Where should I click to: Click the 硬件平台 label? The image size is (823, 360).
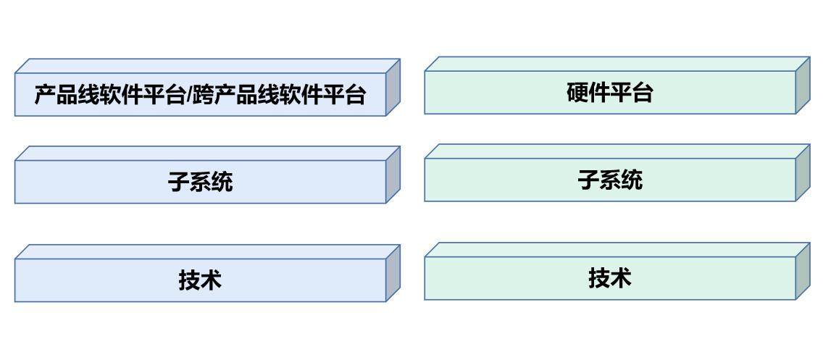coord(609,93)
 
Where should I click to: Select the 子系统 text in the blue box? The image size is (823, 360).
coord(201,181)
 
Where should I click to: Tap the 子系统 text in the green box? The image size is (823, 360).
coord(610,179)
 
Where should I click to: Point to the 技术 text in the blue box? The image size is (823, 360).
coord(200,280)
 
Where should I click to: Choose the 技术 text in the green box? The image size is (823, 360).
coord(610,277)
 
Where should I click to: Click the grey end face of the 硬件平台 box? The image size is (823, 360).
coord(802,85)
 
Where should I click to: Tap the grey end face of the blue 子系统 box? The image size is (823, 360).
coord(393,175)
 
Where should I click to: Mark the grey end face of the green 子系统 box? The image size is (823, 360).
coord(802,172)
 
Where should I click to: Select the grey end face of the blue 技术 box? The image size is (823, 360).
coord(393,273)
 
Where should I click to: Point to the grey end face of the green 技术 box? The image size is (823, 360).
coord(802,271)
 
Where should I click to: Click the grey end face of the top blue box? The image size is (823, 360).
coord(393,87)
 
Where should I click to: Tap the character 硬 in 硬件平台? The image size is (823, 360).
coord(577,93)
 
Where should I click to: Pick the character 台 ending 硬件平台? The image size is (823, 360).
coord(642,93)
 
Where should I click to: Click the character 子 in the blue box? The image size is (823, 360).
coord(179,181)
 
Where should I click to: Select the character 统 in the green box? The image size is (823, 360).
coord(632,179)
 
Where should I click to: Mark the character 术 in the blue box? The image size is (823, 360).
coord(211,280)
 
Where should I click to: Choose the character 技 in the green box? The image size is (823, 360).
coord(599,277)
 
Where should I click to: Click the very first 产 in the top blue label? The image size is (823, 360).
coord(46,95)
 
